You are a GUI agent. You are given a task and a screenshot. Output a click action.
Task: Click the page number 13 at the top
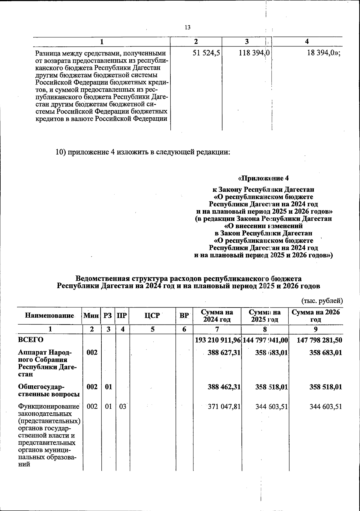pyautogui.click(x=187, y=27)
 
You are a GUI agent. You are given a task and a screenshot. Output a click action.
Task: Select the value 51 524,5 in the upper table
pyautogui.click(x=206, y=53)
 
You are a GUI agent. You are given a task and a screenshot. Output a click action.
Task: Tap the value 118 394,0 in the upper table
pyautogui.click(x=254, y=53)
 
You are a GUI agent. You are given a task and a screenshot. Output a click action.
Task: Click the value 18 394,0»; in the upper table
pyautogui.click(x=323, y=53)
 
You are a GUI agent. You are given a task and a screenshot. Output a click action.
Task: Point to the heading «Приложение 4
pyautogui.click(x=263, y=179)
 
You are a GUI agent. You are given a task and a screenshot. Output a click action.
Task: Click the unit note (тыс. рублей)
pyautogui.click(x=322, y=300)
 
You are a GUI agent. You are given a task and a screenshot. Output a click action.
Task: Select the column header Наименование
pyautogui.click(x=49, y=316)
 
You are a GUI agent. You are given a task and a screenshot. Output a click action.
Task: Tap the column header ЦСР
pyautogui.click(x=152, y=316)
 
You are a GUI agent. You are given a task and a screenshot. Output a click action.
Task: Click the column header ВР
pyautogui.click(x=184, y=316)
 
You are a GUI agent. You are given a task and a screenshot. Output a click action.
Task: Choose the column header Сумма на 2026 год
pyautogui.click(x=316, y=316)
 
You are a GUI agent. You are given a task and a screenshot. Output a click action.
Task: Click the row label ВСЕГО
pyautogui.click(x=31, y=340)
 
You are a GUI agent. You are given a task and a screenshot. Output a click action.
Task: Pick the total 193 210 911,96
pyautogui.click(x=218, y=340)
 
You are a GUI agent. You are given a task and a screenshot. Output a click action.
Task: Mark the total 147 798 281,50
pyautogui.click(x=319, y=340)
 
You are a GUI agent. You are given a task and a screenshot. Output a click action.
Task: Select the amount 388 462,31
pyautogui.click(x=224, y=387)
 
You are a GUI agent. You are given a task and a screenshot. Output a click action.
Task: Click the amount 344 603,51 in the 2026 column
pyautogui.click(x=325, y=407)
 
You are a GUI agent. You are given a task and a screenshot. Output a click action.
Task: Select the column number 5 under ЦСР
pyautogui.click(x=152, y=329)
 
